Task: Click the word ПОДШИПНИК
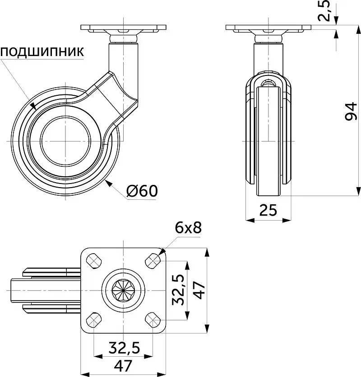coord(42,52)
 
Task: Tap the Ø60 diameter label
coord(142,191)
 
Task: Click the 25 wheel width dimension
coord(268,210)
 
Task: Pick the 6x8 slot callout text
coord(188,228)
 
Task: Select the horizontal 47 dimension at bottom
coord(123,365)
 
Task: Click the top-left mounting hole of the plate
coord(94,260)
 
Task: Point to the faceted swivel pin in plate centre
coord(123,290)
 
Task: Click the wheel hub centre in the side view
coord(66,141)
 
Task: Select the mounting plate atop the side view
coord(123,28)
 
